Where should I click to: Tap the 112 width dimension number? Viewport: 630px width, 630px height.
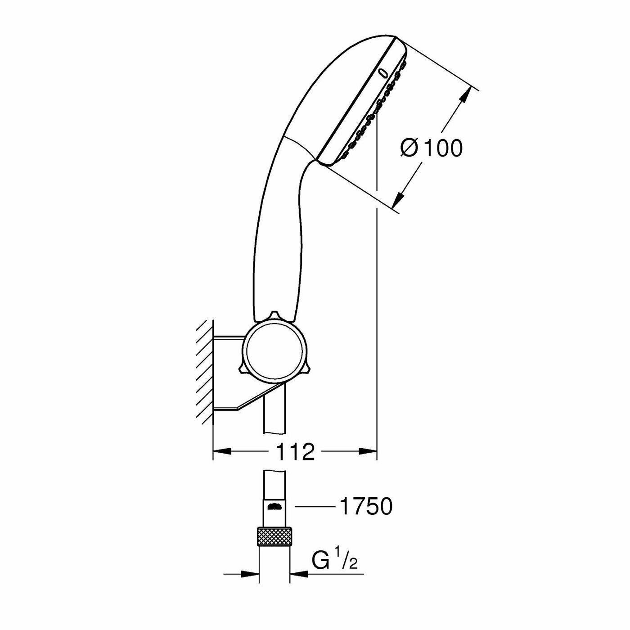click(x=294, y=451)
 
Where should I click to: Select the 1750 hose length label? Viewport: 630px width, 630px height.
click(x=365, y=507)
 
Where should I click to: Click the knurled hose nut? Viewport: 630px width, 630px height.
click(x=274, y=536)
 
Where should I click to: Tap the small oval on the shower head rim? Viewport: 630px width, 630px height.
click(x=383, y=72)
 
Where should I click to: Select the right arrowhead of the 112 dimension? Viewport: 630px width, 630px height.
click(x=367, y=451)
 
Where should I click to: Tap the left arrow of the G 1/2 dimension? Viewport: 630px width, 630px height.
click(x=250, y=574)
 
